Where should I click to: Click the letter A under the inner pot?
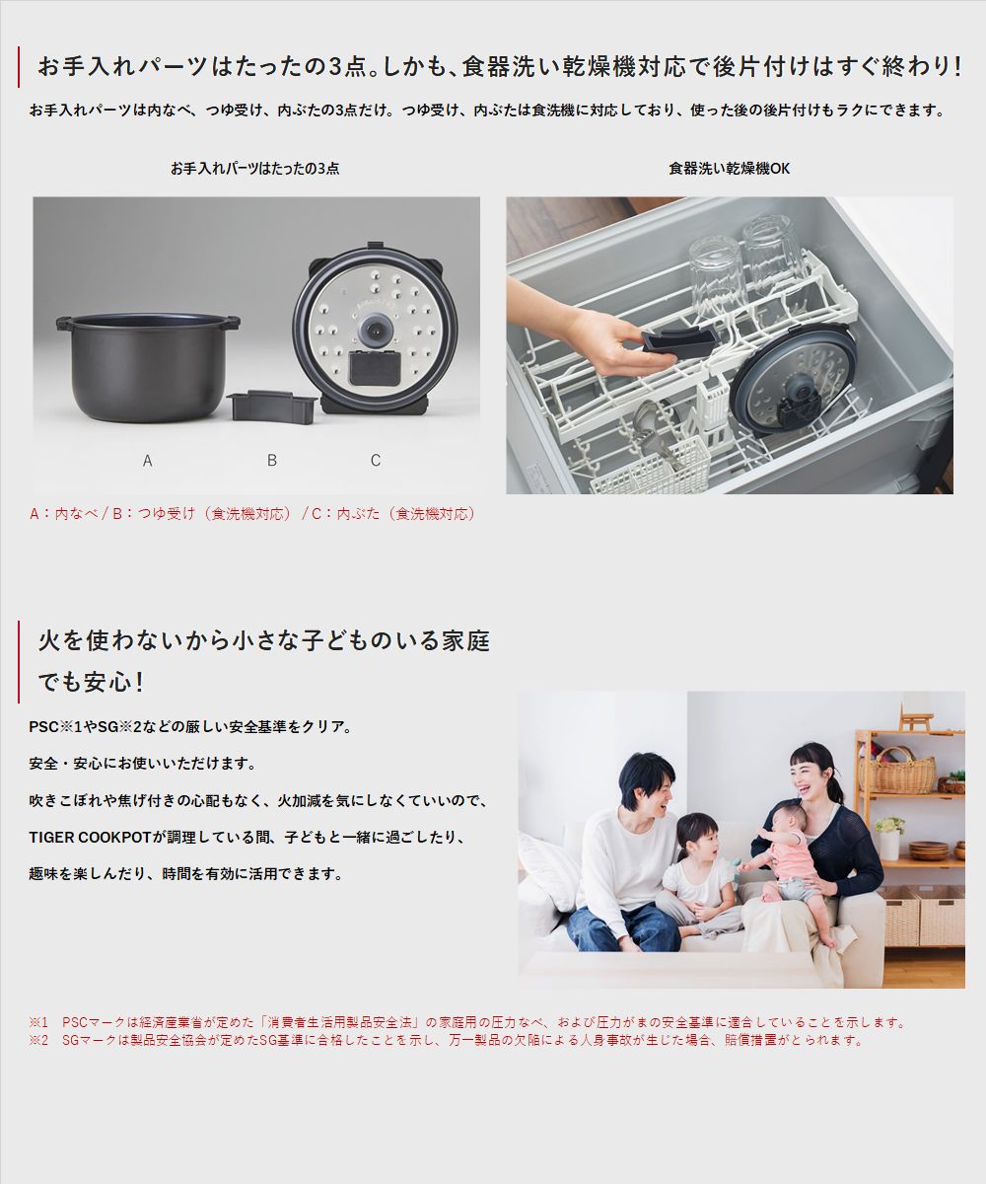point(147,461)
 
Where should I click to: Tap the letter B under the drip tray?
point(271,461)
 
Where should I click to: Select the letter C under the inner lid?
point(376,461)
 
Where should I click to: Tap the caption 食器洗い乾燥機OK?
point(729,169)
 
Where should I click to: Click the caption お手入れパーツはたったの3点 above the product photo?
point(254,169)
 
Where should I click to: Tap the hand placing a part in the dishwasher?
point(582,331)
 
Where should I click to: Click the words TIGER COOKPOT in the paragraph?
point(90,837)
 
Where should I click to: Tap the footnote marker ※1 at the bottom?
point(38,1022)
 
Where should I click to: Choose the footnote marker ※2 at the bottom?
point(38,1040)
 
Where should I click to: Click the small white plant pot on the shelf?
point(889,844)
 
